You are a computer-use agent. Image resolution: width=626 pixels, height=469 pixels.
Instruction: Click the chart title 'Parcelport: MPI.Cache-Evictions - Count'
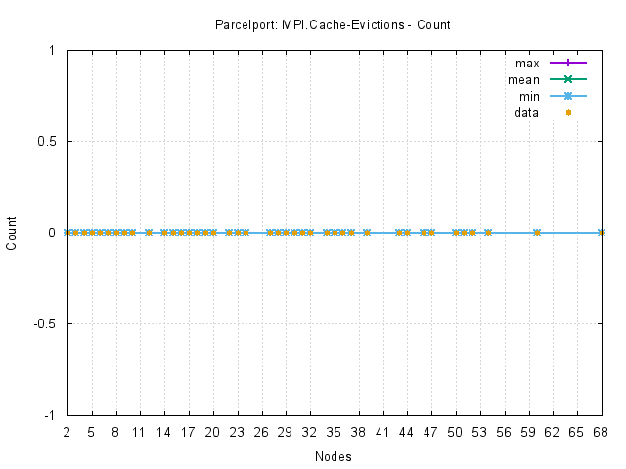tap(333, 24)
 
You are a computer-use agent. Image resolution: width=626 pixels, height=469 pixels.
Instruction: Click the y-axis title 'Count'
tap(12, 233)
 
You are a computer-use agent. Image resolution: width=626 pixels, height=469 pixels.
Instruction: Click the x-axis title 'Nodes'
tap(334, 456)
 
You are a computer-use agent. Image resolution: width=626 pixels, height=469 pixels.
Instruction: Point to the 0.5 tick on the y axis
tap(46, 141)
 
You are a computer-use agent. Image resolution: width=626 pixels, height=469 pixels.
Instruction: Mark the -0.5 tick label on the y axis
tap(44, 323)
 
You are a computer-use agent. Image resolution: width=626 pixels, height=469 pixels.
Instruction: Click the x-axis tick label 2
tap(67, 431)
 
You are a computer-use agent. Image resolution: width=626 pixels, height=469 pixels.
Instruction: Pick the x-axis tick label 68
tap(601, 431)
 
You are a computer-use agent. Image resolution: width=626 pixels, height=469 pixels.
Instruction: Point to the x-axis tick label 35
tap(334, 431)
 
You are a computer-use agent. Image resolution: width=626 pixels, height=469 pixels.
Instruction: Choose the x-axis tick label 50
tap(455, 431)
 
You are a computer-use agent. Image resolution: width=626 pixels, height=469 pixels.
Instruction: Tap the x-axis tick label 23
tap(237, 431)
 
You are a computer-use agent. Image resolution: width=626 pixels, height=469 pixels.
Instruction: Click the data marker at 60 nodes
tap(536, 233)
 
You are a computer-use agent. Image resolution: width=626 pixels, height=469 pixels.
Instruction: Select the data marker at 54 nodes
tap(487, 233)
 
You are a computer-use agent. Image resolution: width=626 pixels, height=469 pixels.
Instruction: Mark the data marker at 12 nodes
tap(148, 233)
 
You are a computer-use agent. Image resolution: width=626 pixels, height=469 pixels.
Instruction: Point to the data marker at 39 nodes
tap(366, 233)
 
